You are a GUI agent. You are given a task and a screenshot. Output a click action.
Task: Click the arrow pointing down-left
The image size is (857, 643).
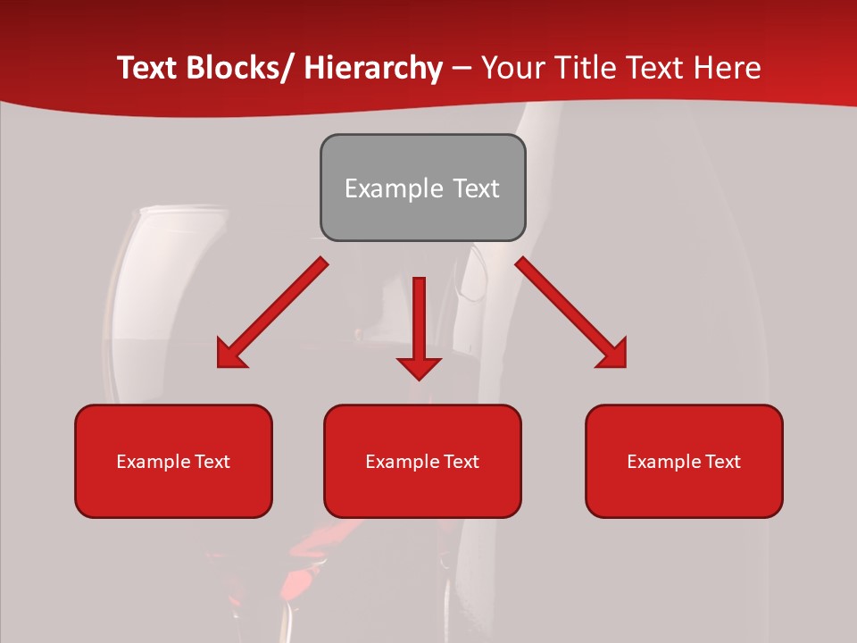[272, 313]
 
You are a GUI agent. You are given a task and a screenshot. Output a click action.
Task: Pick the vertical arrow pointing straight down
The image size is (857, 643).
[419, 326]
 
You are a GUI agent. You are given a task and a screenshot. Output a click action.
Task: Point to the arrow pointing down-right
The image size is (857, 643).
[571, 313]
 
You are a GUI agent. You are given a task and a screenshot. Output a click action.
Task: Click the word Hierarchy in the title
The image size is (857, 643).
[373, 68]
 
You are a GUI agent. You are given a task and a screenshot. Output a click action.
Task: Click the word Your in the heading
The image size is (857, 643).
[511, 68]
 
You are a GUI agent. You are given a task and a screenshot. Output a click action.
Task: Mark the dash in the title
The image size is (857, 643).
[462, 68]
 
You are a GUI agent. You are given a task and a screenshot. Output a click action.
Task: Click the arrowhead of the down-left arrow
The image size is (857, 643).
[230, 355]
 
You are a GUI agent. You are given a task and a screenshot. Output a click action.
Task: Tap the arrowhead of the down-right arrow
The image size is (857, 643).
[612, 354]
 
